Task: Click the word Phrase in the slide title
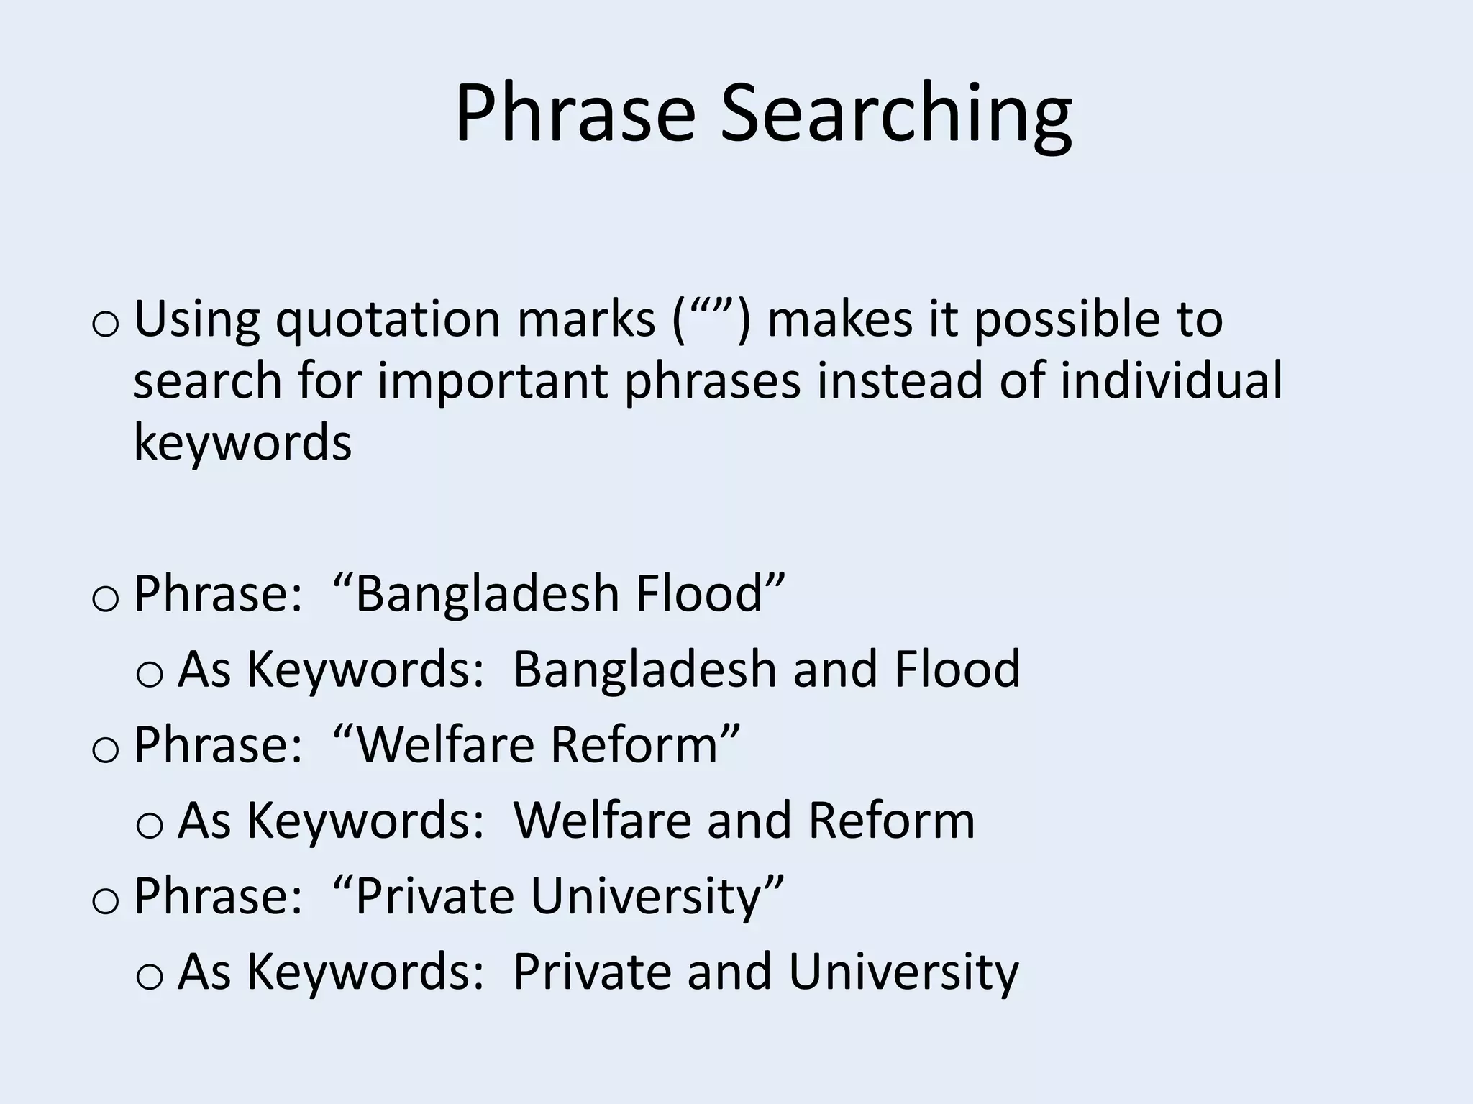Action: [575, 114]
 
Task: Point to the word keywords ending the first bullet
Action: [242, 442]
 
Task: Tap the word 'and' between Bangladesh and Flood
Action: [835, 669]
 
